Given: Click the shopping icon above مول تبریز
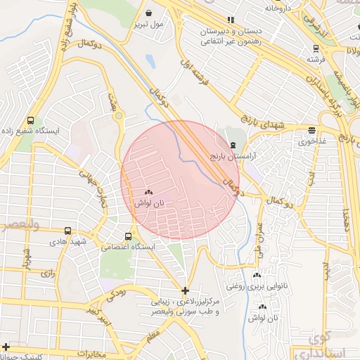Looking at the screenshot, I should tap(149, 13).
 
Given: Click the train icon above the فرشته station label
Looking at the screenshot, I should tap(316, 49).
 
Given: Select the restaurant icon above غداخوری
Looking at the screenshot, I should tap(311, 130).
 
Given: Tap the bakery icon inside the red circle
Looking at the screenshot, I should tap(148, 192).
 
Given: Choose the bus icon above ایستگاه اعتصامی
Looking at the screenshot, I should tap(128, 236).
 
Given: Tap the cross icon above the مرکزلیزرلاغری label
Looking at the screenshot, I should tap(185, 290).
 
